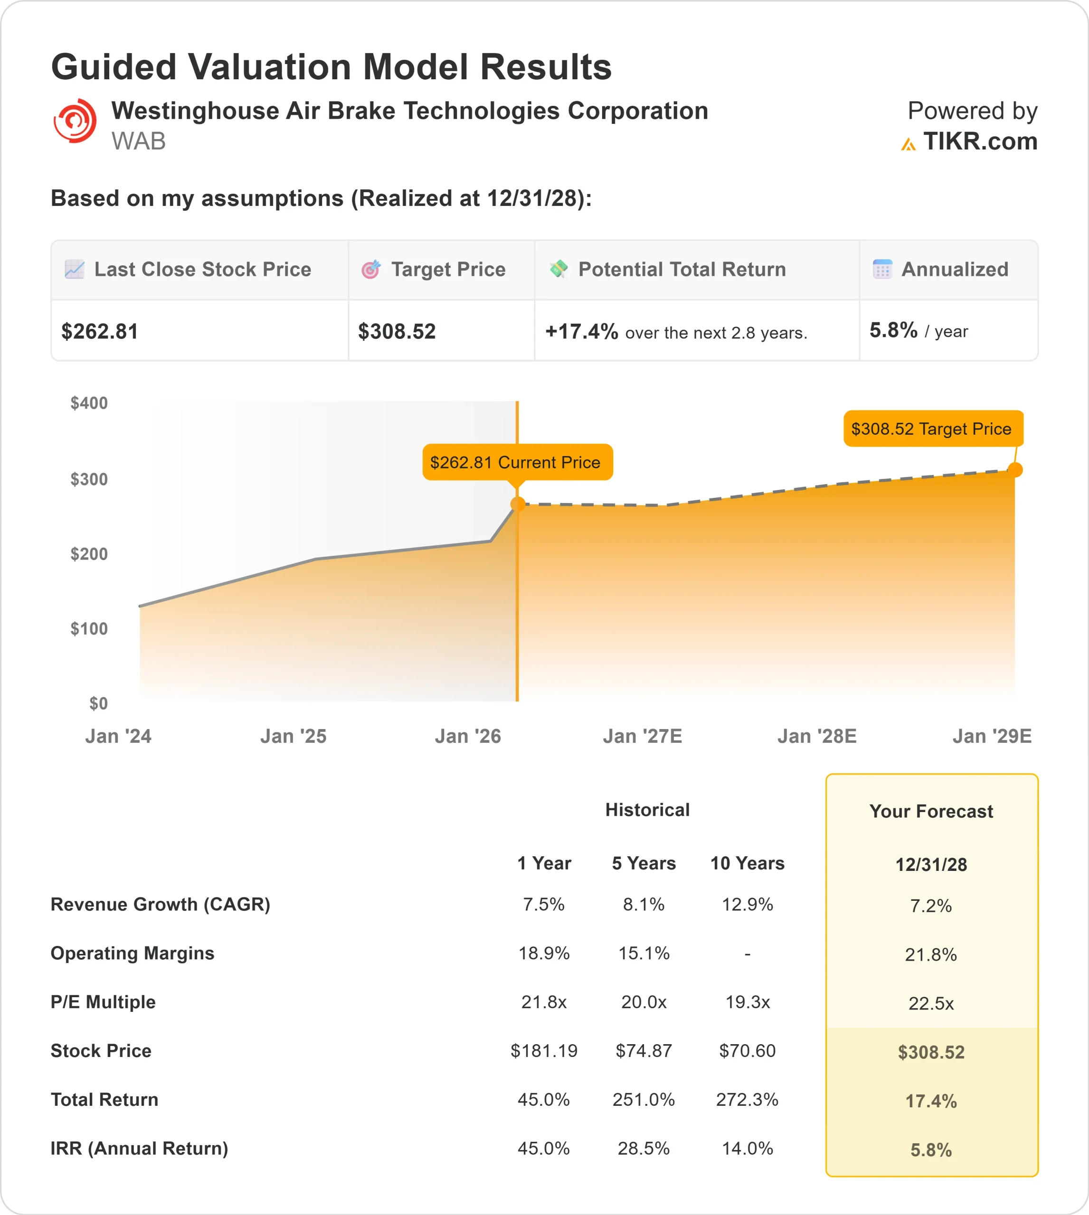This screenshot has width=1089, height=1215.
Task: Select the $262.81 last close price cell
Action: coord(100,331)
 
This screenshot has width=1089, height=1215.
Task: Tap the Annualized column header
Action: coord(955,270)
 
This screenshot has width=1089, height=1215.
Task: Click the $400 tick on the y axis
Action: coord(89,403)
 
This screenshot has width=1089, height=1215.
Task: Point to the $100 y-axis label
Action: coord(89,628)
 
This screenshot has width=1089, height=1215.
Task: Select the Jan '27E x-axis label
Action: coord(642,736)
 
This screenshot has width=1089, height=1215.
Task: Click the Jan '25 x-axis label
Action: coord(293,736)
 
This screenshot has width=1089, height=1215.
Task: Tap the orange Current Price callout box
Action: coord(517,462)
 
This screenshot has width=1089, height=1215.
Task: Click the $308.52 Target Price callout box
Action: coord(932,429)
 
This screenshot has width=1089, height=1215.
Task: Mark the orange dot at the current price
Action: coord(518,505)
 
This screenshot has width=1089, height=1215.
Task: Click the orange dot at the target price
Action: coord(1015,470)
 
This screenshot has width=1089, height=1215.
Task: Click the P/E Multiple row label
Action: coord(103,1002)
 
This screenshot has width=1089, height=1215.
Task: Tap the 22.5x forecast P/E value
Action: coord(931,1003)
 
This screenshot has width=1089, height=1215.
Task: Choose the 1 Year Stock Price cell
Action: coord(543,1051)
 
